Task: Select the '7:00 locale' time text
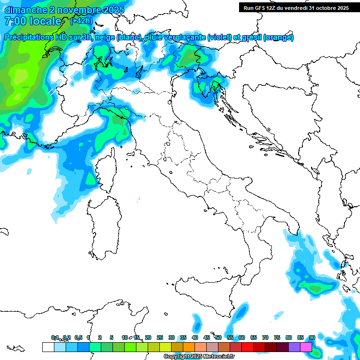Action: click(33, 21)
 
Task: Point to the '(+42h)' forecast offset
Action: click(81, 21)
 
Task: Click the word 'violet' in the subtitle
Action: click(222, 37)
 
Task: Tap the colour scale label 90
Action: click(312, 337)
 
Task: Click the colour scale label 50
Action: click(218, 337)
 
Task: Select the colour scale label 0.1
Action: click(55, 337)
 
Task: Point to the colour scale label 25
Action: click(160, 337)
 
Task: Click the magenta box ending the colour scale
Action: click(307, 347)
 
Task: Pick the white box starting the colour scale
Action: click(48, 347)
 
